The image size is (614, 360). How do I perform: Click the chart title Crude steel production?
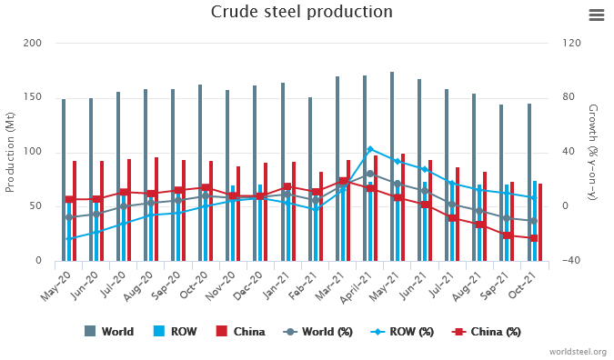point(301,12)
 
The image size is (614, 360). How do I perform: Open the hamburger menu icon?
point(597,15)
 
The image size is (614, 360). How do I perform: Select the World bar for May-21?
point(392,166)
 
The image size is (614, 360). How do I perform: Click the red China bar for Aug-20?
point(156,209)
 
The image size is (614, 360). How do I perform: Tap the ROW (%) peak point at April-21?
point(370,149)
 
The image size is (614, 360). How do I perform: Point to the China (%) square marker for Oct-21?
point(534,238)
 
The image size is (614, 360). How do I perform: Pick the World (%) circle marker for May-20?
point(69,217)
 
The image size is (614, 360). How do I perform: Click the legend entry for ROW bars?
point(176,332)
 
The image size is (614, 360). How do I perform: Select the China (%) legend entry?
point(487,332)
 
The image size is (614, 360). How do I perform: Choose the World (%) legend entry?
point(317,332)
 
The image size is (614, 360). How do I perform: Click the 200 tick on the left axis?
point(32,43)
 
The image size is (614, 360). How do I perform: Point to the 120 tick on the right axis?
point(572,43)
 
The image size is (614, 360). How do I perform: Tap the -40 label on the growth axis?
point(570,260)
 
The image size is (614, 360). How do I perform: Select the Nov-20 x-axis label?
point(220,286)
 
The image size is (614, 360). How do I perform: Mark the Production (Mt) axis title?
point(9,153)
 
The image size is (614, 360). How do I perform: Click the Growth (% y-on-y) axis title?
point(593,152)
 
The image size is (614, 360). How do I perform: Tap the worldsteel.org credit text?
point(578,352)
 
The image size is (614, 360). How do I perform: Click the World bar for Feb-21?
point(310,179)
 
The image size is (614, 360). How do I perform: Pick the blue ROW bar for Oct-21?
point(535,221)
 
